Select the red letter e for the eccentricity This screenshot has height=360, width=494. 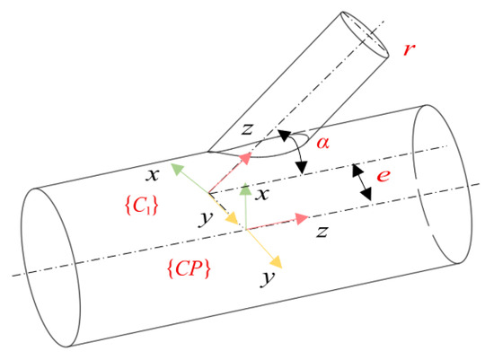(384, 176)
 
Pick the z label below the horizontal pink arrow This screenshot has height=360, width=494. (321, 232)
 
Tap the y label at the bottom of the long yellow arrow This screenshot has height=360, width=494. (267, 277)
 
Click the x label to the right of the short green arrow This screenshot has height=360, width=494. (262, 193)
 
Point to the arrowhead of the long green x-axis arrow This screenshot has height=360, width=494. (177, 167)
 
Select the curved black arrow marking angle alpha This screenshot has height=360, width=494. (296, 148)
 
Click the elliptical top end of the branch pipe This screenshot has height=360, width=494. (368, 33)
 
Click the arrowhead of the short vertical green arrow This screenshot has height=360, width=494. (243, 188)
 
